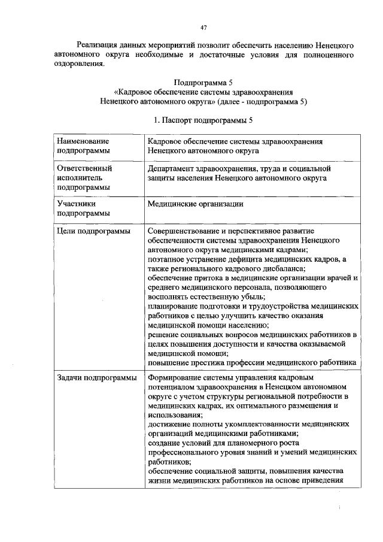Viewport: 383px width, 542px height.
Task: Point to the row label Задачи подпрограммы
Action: coord(96,378)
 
